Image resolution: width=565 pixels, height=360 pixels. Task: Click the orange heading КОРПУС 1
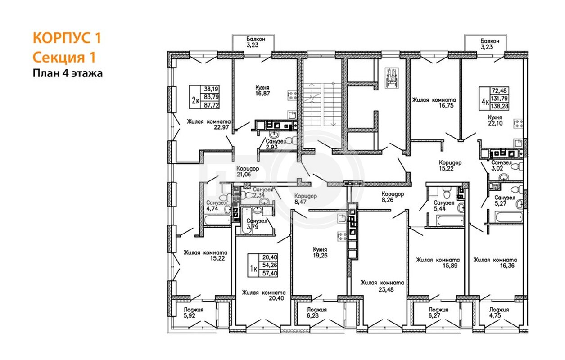click(67, 38)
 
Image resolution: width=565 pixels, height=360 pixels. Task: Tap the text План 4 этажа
click(68, 73)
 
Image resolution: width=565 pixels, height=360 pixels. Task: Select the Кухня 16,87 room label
click(262, 90)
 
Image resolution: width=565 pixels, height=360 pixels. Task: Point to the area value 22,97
click(221, 127)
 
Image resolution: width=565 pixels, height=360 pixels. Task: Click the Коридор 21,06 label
click(248, 171)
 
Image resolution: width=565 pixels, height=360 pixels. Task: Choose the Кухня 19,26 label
click(320, 252)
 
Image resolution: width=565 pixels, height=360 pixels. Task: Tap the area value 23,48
click(386, 290)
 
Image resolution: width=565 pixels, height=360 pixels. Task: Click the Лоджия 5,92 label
click(193, 313)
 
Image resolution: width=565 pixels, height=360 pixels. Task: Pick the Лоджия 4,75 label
click(499, 313)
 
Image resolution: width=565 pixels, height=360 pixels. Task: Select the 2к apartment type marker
click(195, 101)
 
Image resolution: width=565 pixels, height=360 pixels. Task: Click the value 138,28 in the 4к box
click(499, 106)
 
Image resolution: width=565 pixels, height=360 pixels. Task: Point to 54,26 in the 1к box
click(270, 265)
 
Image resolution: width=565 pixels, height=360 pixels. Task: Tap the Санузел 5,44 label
click(444, 206)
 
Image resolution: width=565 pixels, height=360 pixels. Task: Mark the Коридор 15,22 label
click(450, 166)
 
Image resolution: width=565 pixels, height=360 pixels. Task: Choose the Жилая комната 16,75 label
click(434, 103)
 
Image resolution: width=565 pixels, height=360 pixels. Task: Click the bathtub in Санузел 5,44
click(450, 221)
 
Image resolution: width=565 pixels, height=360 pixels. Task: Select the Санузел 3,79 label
click(257, 224)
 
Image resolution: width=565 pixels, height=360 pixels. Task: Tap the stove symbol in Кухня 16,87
click(292, 95)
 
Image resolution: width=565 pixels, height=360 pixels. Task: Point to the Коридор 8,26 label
click(393, 197)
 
